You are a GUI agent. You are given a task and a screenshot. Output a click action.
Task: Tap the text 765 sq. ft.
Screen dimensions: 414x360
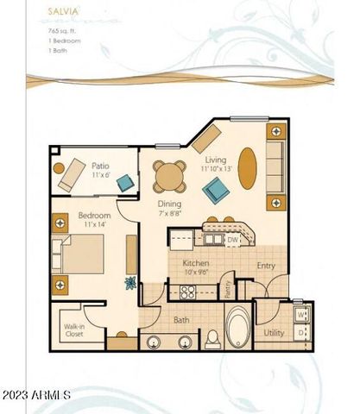click(63, 31)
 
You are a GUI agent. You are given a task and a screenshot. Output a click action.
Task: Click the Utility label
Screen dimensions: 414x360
click(274, 332)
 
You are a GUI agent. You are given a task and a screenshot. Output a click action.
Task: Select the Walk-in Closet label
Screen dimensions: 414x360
click(73, 331)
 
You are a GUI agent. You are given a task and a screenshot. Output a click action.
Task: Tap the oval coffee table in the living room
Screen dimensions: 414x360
click(247, 168)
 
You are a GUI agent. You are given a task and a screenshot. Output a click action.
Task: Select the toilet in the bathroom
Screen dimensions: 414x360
click(212, 338)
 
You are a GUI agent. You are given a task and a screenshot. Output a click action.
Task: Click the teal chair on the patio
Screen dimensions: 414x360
click(125, 182)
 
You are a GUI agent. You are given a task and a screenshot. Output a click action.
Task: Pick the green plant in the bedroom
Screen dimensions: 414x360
click(131, 282)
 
